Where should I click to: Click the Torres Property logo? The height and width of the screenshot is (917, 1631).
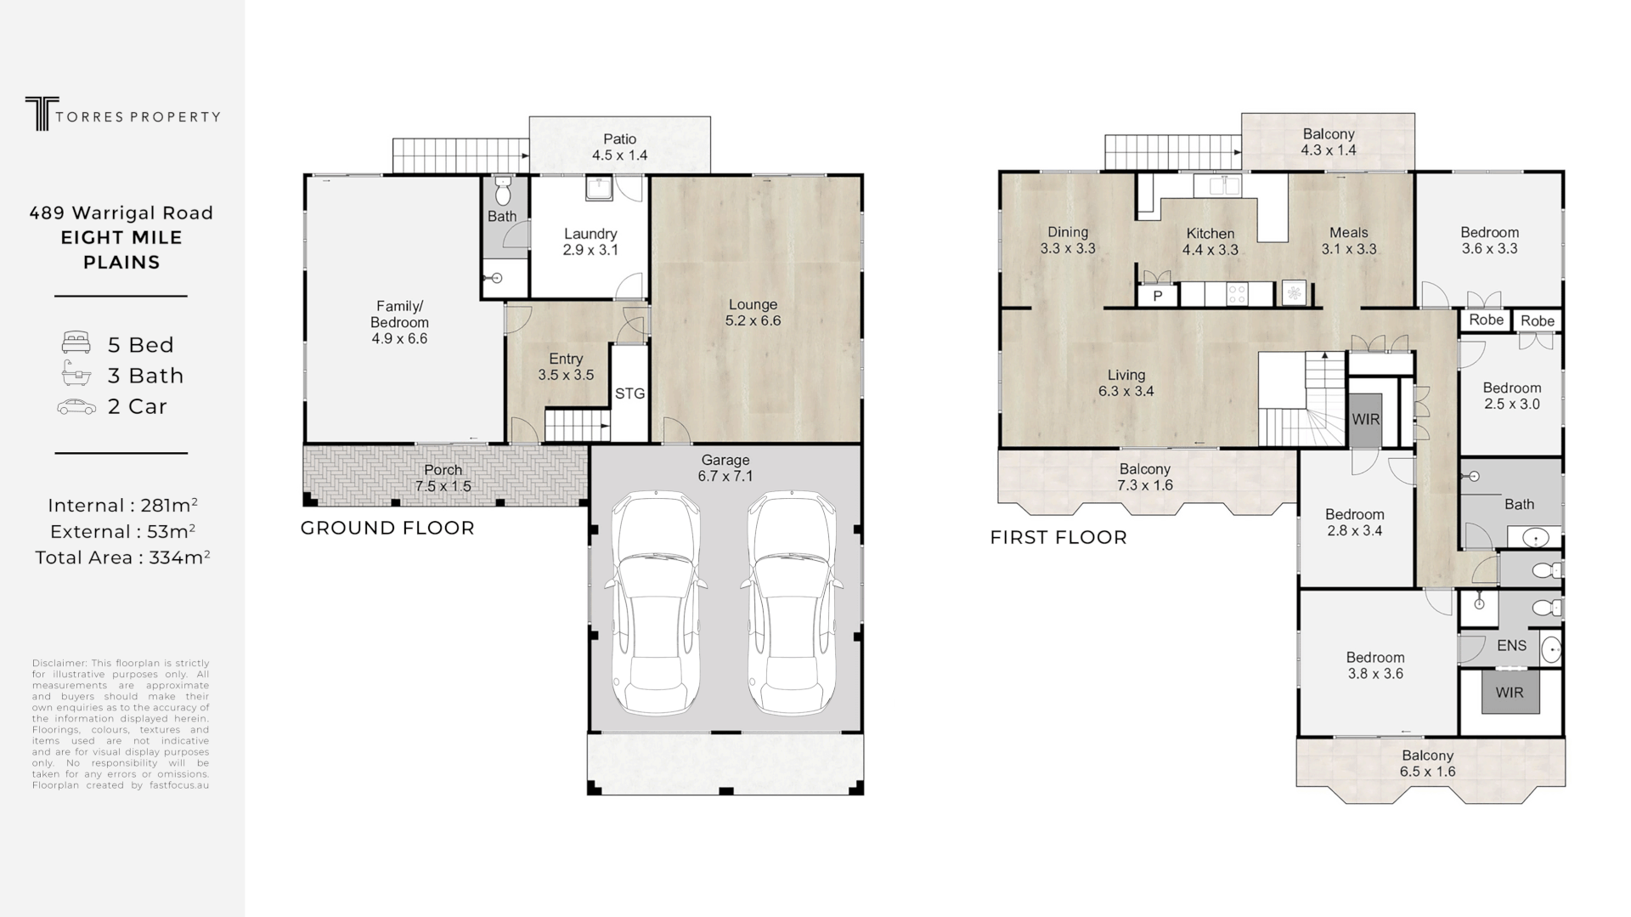pyautogui.click(x=122, y=114)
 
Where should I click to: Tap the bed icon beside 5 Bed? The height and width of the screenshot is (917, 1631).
pyautogui.click(x=76, y=343)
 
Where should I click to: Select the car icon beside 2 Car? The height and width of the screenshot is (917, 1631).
pyautogui.click(x=76, y=406)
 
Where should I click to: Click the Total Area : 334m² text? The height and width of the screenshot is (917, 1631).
pyautogui.click(x=122, y=558)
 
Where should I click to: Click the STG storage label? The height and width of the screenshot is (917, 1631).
pyautogui.click(x=629, y=393)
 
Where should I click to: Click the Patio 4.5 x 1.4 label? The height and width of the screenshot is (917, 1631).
pyautogui.click(x=619, y=147)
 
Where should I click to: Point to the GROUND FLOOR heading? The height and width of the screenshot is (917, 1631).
pyautogui.click(x=387, y=528)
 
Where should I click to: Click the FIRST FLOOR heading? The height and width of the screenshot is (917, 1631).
pyautogui.click(x=1058, y=537)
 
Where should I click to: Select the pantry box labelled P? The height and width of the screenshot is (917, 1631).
pyautogui.click(x=1157, y=296)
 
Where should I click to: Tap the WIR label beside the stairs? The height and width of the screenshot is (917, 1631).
pyautogui.click(x=1366, y=420)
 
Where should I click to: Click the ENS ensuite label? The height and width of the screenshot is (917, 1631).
pyautogui.click(x=1511, y=646)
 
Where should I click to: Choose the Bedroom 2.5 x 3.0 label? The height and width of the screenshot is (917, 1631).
pyautogui.click(x=1511, y=396)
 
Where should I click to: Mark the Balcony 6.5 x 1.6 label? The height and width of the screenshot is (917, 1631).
pyautogui.click(x=1427, y=763)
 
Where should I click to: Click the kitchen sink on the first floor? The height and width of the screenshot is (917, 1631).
pyautogui.click(x=1216, y=185)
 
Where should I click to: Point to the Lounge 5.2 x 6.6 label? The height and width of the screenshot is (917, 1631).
pyautogui.click(x=753, y=312)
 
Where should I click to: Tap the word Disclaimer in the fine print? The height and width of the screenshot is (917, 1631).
pyautogui.click(x=59, y=663)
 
